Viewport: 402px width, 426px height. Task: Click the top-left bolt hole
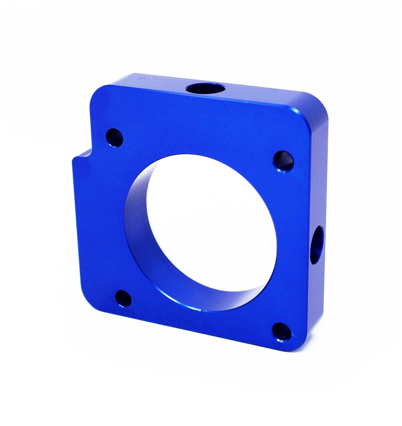point(114,138)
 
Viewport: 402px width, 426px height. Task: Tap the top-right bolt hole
point(284,161)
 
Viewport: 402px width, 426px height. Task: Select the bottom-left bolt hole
point(123,298)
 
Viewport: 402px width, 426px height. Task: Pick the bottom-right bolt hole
point(282,332)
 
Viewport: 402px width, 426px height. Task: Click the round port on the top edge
point(205,88)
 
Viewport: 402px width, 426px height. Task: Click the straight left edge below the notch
point(76,224)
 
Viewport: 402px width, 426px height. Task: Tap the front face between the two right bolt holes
point(294,247)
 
